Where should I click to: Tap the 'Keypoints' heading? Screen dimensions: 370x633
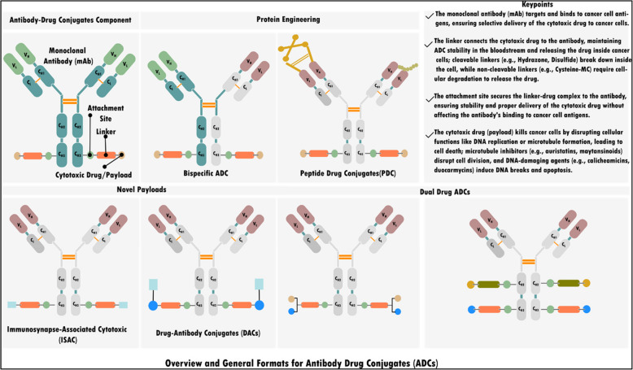click(x=529, y=5)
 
